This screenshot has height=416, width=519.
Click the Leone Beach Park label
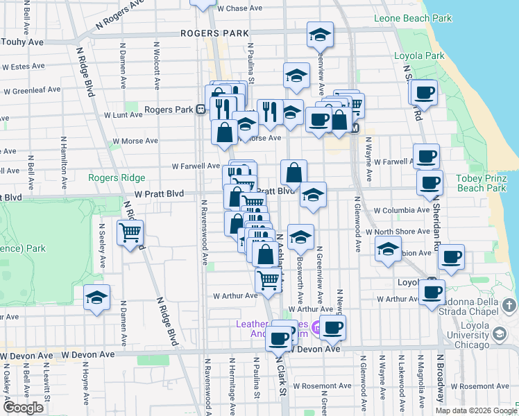pyautogui.click(x=412, y=18)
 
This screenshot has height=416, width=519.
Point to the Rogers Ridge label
pyautogui.click(x=112, y=177)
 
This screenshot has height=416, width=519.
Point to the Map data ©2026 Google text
pyautogui.click(x=476, y=410)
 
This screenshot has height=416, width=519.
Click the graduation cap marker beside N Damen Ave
pyautogui.click(x=96, y=298)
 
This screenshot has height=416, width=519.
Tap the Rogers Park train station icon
pyautogui.click(x=200, y=109)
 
